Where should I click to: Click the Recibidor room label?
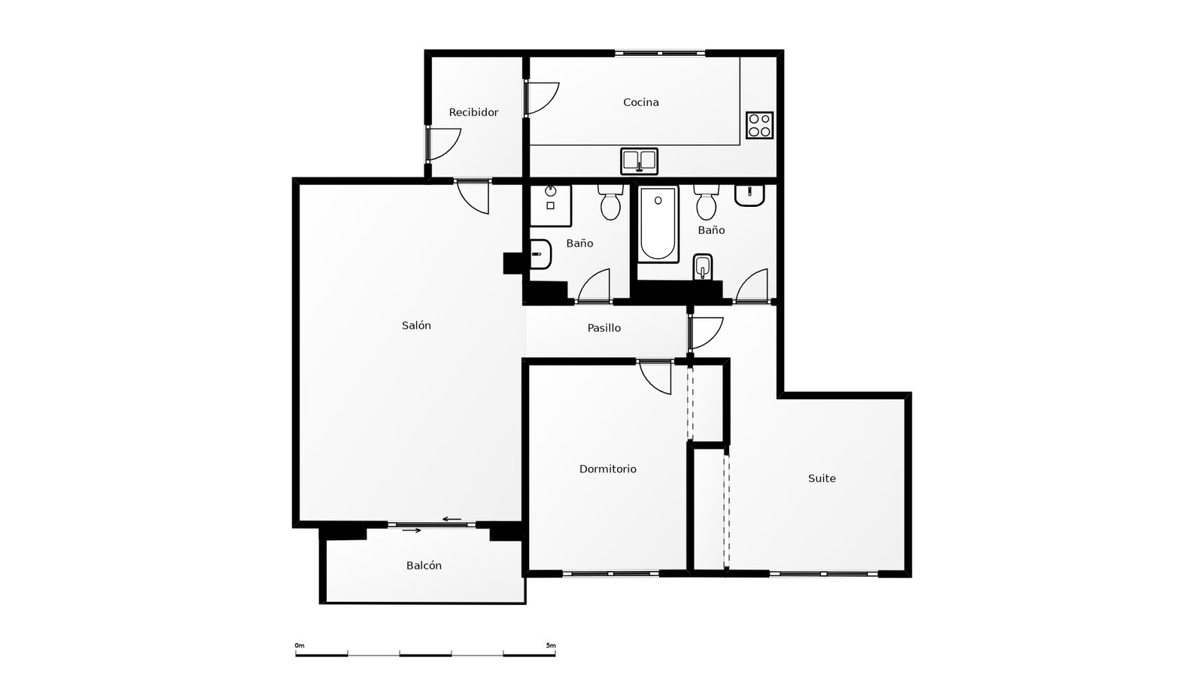click(473, 113)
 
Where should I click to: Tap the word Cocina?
click(640, 102)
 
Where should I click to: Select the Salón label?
click(416, 326)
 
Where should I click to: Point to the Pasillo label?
click(604, 328)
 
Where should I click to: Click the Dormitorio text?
click(607, 469)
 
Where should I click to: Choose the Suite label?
click(822, 478)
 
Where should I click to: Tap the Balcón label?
click(424, 566)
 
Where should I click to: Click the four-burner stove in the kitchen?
click(759, 125)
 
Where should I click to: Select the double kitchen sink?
click(639, 160)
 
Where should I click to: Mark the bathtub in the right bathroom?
click(658, 223)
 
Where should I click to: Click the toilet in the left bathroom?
click(610, 202)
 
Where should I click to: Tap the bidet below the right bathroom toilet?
click(703, 266)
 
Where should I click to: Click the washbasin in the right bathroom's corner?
click(749, 195)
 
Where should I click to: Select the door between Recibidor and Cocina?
click(540, 98)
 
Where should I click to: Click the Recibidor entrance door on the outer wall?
click(444, 144)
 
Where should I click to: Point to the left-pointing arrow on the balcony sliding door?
click(451, 519)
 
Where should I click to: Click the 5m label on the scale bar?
click(551, 645)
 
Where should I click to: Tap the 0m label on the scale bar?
click(299, 645)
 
